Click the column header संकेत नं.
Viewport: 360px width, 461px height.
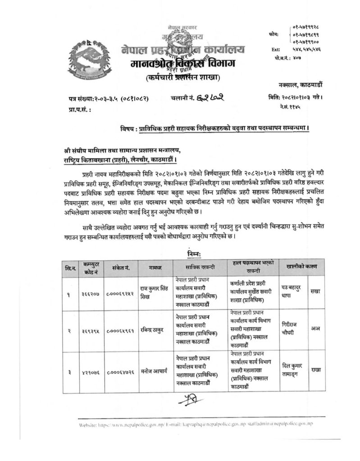[121, 267]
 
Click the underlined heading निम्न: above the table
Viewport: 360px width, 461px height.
[197, 253]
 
